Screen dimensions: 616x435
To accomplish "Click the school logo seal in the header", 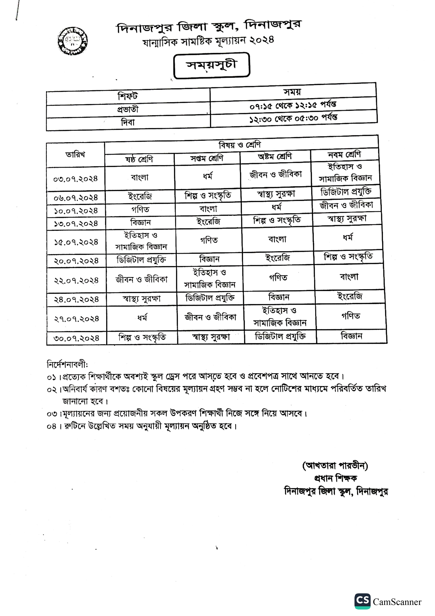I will tap(73, 41).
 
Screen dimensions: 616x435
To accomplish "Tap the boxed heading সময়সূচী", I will tap(212, 65).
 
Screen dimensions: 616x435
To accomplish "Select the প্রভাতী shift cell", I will tap(128, 109).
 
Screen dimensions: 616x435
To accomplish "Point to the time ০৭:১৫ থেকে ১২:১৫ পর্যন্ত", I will tap(293, 105).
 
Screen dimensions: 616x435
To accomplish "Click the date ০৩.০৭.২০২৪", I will tap(76, 179).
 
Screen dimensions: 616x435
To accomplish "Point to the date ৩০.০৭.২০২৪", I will tap(77, 338).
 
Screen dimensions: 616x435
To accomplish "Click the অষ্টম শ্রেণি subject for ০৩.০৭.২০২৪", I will tap(276, 175).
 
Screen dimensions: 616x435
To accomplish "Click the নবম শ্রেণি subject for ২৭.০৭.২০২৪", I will tap(351, 316).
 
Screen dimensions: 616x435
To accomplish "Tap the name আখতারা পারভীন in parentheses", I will tap(335, 466).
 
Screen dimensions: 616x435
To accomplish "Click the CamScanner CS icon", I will tap(362, 601).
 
